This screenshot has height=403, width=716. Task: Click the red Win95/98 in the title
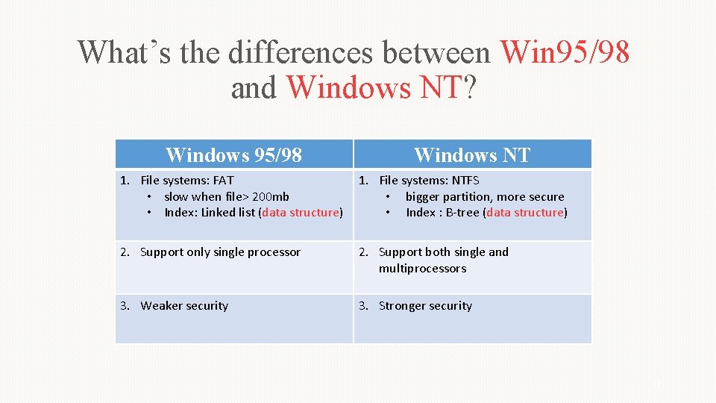point(565,52)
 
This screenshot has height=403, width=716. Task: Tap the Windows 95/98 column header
point(233,154)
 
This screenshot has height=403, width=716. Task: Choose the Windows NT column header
point(472,154)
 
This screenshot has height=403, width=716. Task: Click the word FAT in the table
point(223,180)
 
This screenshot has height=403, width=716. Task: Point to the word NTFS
point(465,180)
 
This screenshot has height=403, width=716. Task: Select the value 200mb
point(273,196)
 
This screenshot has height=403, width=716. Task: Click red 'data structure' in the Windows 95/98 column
point(301,213)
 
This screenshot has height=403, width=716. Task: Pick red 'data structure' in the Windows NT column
point(525,213)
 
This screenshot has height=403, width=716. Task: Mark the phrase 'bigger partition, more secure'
point(485,196)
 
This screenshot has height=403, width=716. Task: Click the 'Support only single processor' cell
point(220,252)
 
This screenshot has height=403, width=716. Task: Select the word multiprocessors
point(422,269)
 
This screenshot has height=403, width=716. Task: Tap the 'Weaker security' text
point(184,306)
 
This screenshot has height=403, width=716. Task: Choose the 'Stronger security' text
point(425,306)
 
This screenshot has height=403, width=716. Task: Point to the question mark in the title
point(470,88)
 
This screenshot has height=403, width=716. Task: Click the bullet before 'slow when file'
point(150,197)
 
